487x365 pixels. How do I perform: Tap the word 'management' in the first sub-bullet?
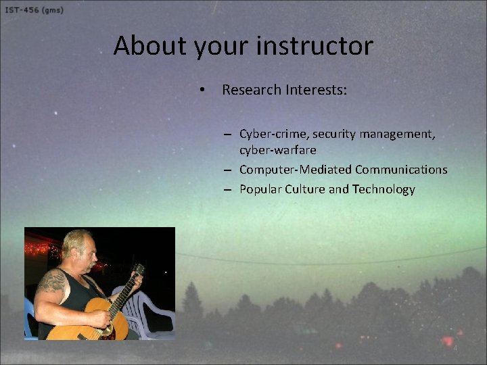tap(397, 135)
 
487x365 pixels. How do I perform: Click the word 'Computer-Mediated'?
tap(295, 170)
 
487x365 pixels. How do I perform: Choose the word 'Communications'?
tap(401, 170)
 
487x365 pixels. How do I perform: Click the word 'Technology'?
tap(384, 190)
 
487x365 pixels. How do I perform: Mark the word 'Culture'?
tap(305, 190)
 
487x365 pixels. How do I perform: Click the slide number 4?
tap(455, 348)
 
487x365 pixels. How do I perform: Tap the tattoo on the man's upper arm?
tap(52, 281)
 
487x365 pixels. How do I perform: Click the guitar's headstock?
tap(139, 270)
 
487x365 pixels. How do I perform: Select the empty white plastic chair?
tap(152, 311)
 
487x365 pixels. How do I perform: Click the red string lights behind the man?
tap(39, 248)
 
